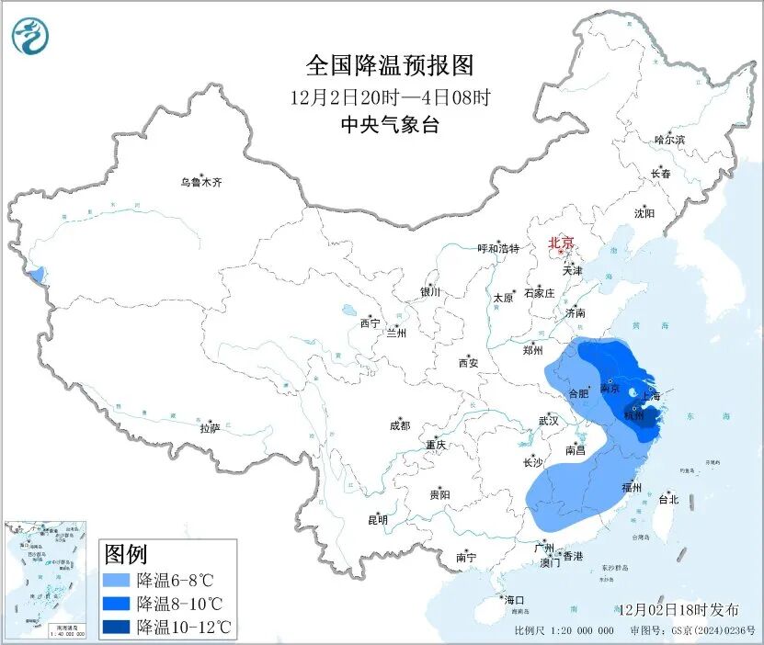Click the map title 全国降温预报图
point(389,65)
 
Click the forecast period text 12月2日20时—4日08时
point(389,96)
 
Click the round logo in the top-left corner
point(30,36)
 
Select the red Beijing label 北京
point(561,243)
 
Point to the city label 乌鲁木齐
point(200,183)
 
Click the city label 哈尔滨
point(668,140)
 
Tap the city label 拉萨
point(210,428)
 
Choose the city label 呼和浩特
point(498,249)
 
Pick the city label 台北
point(667,500)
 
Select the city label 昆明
point(378,520)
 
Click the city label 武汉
point(550,421)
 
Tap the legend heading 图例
point(126,555)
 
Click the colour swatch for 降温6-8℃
point(117,581)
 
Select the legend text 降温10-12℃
point(184,628)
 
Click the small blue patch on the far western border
point(36,274)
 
